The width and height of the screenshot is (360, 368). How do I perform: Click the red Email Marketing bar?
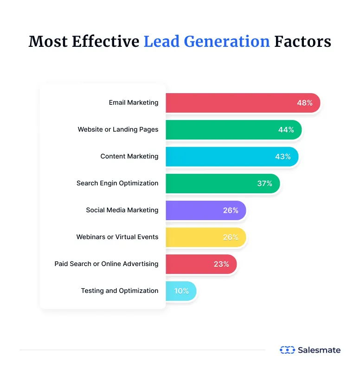coord(232,103)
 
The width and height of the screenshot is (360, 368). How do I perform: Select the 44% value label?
coord(286,130)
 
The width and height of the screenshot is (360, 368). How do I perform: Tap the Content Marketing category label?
coord(129,157)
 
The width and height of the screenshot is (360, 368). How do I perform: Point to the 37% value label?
coord(264,184)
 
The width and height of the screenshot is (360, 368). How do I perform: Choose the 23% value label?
coord(221,264)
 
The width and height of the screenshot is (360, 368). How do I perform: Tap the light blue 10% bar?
coord(181,291)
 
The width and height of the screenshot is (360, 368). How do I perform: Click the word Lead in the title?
coord(161,42)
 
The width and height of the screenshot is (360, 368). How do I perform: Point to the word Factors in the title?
coord(302,42)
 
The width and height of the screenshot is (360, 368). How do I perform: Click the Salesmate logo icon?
coord(287,350)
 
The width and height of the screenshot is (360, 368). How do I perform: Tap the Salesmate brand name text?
coord(319,350)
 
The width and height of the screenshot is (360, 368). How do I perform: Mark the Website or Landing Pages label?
coord(118,130)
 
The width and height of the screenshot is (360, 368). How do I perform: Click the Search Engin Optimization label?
coord(117,184)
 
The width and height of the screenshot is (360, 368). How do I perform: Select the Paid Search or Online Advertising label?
coord(106,264)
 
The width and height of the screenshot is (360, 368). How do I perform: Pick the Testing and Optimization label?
coord(120,291)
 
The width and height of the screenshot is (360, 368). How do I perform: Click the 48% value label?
coord(305,103)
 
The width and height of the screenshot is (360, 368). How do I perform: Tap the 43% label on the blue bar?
coord(283,157)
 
